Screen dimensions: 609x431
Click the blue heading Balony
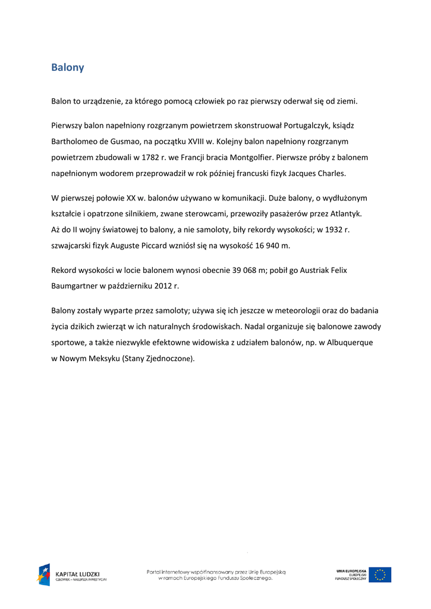point(67,68)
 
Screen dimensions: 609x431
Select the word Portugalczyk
point(308,126)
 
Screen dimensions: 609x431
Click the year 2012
point(159,287)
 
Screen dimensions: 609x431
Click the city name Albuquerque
point(347,343)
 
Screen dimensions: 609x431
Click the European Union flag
point(380,575)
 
